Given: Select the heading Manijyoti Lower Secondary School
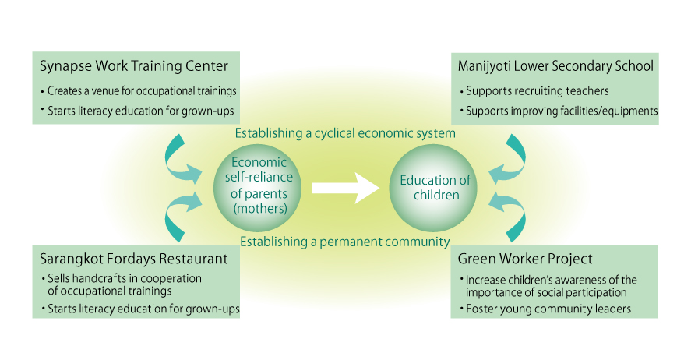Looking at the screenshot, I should tap(555, 65).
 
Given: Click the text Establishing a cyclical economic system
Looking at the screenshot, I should tap(344, 133).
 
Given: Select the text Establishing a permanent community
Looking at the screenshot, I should tap(345, 241).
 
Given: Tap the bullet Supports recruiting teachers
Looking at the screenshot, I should tap(538, 91).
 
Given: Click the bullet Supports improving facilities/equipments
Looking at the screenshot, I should tap(561, 111).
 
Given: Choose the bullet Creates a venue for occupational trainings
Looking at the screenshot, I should tap(140, 91).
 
